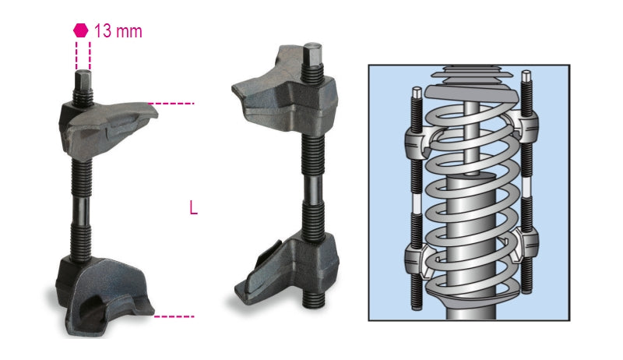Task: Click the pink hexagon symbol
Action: pos(80,30)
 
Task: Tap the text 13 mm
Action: pos(118,31)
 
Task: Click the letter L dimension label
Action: pos(193,208)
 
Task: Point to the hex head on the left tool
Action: pos(83,81)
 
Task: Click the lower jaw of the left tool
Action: pos(105,292)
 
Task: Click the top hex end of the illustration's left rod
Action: pos(417,92)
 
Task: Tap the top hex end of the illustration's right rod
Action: pos(527,76)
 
